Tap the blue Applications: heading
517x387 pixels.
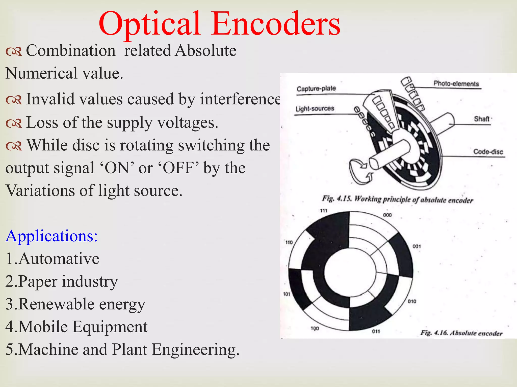(51, 236)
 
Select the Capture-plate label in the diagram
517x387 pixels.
(316, 89)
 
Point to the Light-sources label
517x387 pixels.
(315, 109)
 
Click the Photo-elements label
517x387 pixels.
(456, 84)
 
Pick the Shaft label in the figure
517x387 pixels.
(482, 119)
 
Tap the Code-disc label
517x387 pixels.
(488, 152)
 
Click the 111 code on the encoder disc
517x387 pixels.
(324, 211)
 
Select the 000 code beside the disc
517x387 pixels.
(387, 215)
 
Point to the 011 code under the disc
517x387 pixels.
(376, 331)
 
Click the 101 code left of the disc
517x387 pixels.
(287, 294)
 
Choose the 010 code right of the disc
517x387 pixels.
(412, 301)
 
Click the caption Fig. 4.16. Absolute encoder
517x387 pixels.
(461, 333)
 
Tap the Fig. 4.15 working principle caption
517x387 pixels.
(397, 200)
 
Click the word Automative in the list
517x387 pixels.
(59, 259)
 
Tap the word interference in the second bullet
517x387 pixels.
(240, 99)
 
